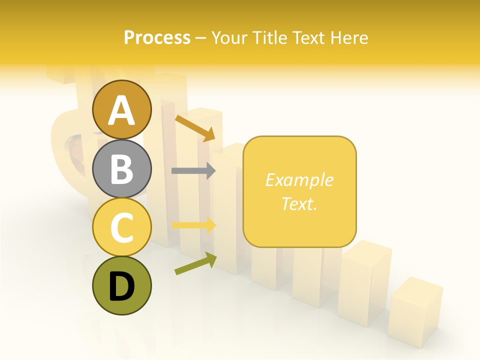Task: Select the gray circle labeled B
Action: click(121, 168)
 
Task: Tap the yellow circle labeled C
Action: click(121, 227)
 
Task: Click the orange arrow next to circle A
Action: click(195, 127)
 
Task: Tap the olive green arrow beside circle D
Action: click(195, 263)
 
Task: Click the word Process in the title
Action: click(157, 38)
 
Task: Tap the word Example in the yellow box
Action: click(299, 180)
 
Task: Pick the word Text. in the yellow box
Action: click(299, 203)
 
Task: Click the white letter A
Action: click(121, 111)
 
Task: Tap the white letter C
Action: click(121, 227)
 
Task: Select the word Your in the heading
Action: click(230, 38)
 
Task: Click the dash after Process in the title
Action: click(200, 38)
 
